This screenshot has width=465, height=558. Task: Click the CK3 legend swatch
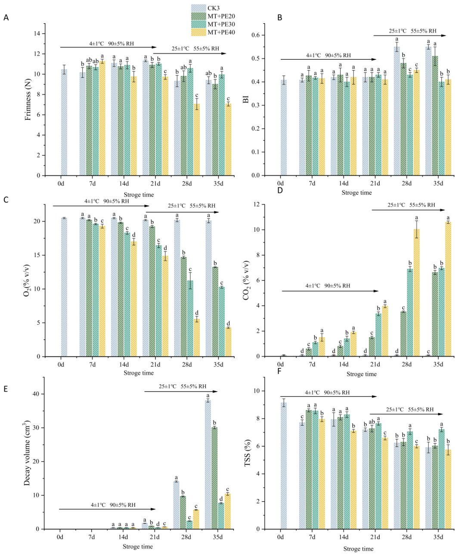(198, 8)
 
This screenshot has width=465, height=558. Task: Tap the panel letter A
(6, 18)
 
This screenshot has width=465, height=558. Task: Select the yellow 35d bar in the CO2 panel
(448, 289)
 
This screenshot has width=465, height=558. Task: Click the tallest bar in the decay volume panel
(208, 464)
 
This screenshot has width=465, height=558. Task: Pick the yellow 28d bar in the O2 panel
(197, 337)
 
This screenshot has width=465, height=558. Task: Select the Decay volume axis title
(27, 454)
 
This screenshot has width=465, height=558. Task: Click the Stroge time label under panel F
(358, 549)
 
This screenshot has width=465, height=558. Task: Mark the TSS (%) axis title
(248, 453)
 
